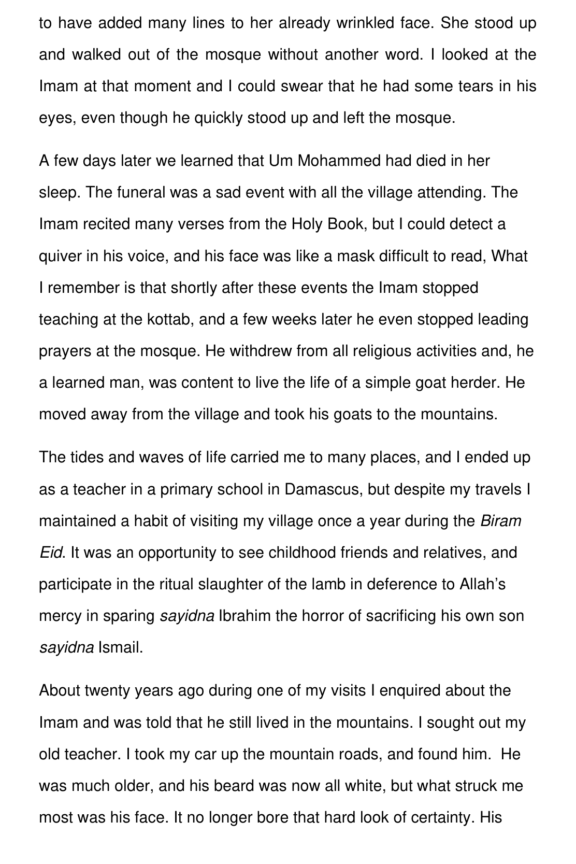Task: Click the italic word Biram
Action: click(501, 521)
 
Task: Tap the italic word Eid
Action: click(51, 553)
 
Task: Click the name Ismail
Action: click(120, 648)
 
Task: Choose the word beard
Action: click(234, 786)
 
